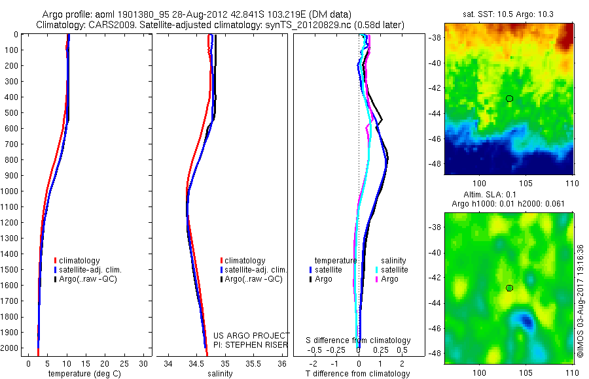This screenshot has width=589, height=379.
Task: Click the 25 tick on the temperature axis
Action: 124,363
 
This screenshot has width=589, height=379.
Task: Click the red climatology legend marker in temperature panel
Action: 56,260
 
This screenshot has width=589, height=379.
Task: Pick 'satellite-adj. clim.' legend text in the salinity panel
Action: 256,270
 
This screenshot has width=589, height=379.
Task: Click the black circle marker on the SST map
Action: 509,99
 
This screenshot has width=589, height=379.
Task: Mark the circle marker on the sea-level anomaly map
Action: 509,288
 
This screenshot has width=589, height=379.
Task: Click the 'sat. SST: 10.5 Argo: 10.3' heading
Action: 507,14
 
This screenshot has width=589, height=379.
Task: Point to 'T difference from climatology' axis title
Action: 357,374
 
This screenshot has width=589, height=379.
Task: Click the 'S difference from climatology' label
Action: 359,340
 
